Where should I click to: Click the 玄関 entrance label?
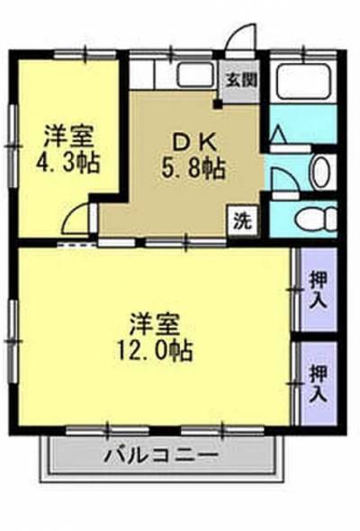(x=240, y=79)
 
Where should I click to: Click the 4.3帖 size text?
(x=69, y=164)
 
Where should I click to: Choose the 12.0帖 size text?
(x=156, y=349)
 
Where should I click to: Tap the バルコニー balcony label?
(x=160, y=454)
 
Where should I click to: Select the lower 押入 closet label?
(x=318, y=382)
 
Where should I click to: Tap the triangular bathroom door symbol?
(x=279, y=137)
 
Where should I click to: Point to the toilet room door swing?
(x=282, y=184)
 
